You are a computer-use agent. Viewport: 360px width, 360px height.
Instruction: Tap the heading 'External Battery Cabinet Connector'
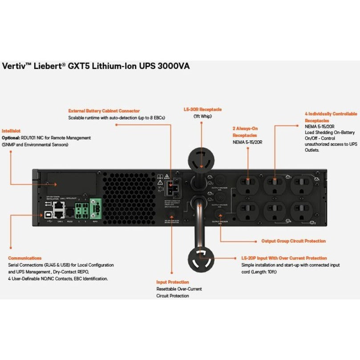click(104, 111)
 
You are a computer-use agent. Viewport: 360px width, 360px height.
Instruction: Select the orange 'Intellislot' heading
click(11, 131)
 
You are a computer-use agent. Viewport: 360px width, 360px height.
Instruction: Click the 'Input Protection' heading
click(172, 282)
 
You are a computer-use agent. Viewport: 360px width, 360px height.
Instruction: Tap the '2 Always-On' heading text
click(246, 129)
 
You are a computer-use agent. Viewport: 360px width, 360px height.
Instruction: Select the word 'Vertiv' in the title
click(15, 66)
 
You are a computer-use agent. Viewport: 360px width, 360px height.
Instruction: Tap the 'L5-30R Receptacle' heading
click(202, 109)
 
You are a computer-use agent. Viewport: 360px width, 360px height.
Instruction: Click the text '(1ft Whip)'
click(202, 116)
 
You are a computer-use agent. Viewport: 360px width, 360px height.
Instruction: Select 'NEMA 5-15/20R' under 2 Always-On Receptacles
click(247, 142)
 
